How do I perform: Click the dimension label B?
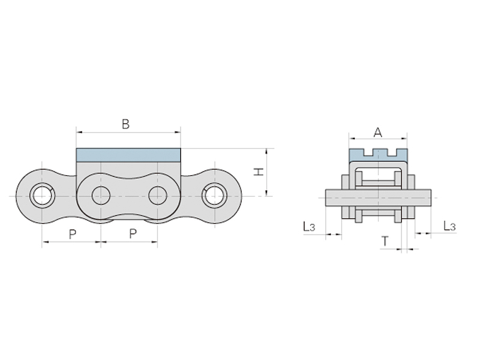[125, 124]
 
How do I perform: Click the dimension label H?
[259, 172]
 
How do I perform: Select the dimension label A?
[378, 133]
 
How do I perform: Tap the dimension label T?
[385, 241]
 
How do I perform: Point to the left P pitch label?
[72, 235]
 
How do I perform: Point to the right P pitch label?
[133, 234]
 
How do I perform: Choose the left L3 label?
[309, 227]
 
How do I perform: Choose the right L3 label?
[449, 226]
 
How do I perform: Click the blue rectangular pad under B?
[128, 155]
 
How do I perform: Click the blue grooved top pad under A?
[379, 155]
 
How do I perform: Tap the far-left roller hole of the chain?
[42, 196]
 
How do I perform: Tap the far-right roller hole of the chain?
[215, 196]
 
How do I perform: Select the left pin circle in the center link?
[101, 196]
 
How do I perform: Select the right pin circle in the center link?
[158, 196]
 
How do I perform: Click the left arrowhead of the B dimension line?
[79, 132]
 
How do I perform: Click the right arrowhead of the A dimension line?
[404, 139]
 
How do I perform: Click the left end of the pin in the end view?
[326, 197]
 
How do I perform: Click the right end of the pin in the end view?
[431, 197]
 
